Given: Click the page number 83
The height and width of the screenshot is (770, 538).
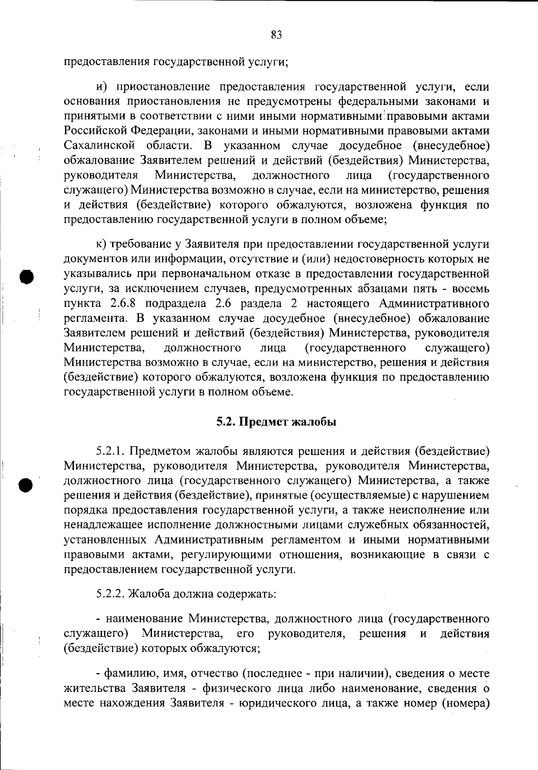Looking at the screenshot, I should [276, 35].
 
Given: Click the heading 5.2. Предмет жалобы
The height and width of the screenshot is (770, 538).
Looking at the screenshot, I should [276, 422].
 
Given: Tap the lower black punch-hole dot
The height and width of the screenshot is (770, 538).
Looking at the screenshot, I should [26, 484].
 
